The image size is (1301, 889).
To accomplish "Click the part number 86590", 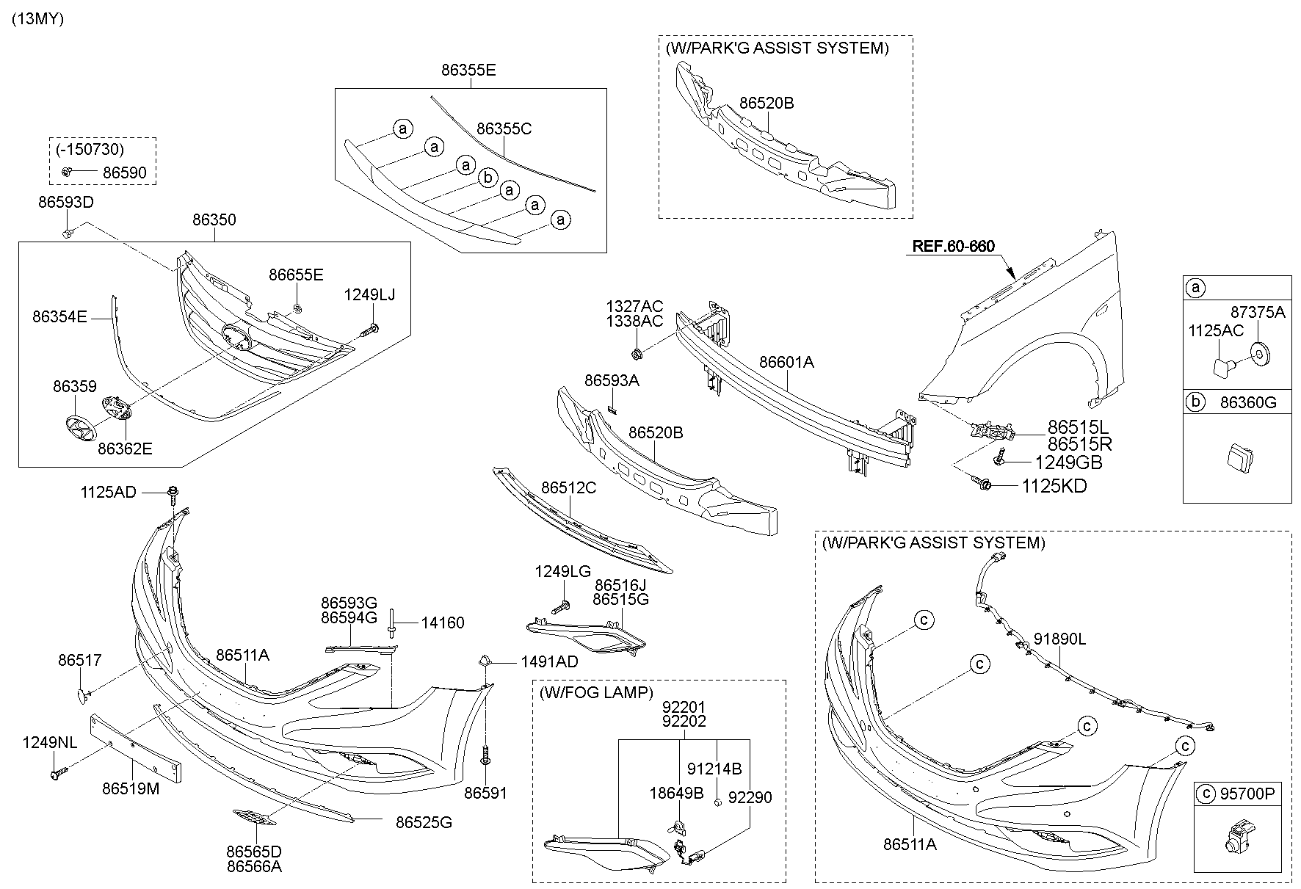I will click(x=124, y=173).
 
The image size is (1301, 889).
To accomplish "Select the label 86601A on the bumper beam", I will click(x=786, y=362).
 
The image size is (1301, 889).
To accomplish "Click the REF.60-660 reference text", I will click(x=953, y=246).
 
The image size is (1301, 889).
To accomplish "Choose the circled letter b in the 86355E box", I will click(x=487, y=178).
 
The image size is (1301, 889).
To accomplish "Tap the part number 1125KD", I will click(x=1054, y=486).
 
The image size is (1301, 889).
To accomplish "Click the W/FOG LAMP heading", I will click(x=595, y=692).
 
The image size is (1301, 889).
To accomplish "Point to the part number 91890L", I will click(x=1059, y=639).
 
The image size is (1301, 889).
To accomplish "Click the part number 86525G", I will click(x=424, y=822).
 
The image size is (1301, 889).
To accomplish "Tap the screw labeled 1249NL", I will click(x=59, y=772).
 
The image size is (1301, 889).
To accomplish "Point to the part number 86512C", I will click(x=568, y=487).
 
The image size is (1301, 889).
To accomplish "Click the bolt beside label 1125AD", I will click(x=173, y=493).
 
